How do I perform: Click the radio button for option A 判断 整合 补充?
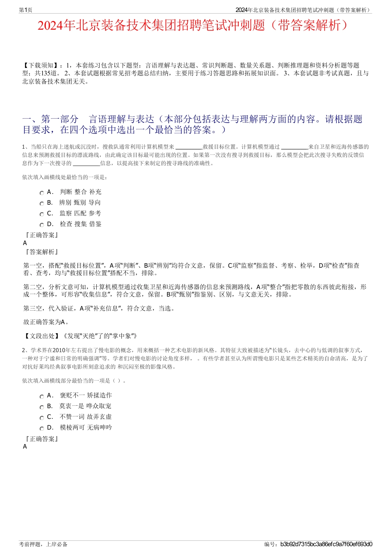coord(42,193)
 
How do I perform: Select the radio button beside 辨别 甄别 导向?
coord(42,203)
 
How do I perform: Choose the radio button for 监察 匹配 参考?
coord(42,214)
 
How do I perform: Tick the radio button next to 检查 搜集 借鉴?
coord(42,225)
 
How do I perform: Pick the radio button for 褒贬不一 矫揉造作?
coord(42,396)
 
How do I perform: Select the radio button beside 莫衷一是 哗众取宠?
coord(42,407)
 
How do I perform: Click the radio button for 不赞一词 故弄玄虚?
coord(42,418)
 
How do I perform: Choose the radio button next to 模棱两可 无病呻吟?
coord(42,428)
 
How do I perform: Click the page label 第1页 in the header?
coord(26,10)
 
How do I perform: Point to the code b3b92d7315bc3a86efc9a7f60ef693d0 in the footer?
coord(326,544)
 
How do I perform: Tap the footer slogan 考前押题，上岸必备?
coord(43,544)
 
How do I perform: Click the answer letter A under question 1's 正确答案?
coord(25,243)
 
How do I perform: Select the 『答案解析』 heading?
coord(42,252)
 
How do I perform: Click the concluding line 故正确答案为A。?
coord(46,322)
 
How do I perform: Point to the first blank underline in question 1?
coord(189,147)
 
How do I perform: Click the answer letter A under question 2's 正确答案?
coord(25,446)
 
